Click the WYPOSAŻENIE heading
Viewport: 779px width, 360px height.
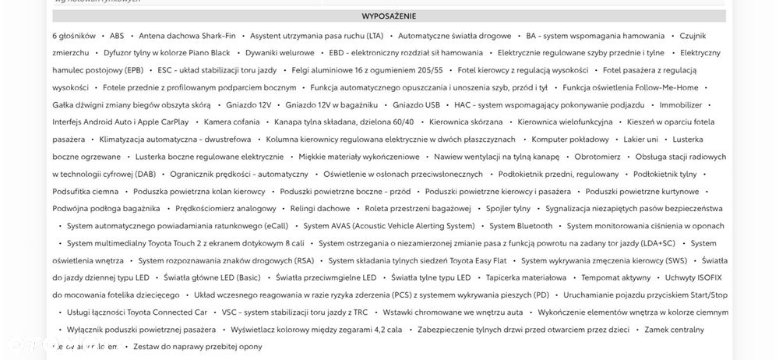(389, 16)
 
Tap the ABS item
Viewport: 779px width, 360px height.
(117, 36)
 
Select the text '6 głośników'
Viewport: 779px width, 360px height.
(74, 36)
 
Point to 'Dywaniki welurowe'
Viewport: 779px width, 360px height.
(280, 53)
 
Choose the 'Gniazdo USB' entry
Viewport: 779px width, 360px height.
(416, 104)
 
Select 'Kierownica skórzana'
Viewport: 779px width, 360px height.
(466, 122)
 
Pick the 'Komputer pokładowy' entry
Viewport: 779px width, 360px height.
(570, 139)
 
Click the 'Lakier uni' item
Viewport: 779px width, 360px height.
(640, 139)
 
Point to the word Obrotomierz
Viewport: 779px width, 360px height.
(597, 157)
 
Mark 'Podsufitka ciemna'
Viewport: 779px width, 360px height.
(86, 191)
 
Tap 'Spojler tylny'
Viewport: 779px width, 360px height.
(508, 208)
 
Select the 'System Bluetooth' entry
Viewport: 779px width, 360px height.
(521, 226)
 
